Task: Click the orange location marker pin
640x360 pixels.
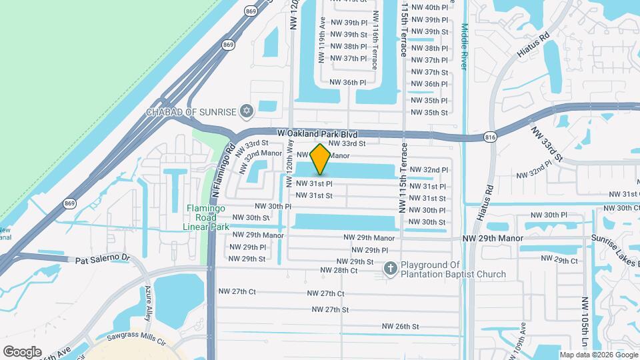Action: [321, 160]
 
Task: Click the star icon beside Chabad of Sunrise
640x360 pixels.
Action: [248, 110]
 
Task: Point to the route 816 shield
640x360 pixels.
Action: [491, 137]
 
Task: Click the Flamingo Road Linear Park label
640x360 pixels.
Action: [206, 217]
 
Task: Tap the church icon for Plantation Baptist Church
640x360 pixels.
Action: [391, 269]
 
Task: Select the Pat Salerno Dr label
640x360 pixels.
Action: [101, 259]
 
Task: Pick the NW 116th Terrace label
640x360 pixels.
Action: [375, 40]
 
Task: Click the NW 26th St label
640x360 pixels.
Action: [400, 326]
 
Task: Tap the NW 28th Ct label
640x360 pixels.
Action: [339, 270]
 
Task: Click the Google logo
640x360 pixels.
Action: [22, 351]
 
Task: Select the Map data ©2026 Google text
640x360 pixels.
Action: [598, 355]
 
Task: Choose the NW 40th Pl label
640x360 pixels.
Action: [429, 7]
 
